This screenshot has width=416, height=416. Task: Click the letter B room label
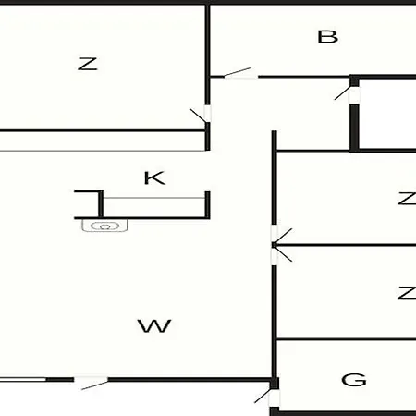click(x=327, y=37)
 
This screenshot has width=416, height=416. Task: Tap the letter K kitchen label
click(x=154, y=177)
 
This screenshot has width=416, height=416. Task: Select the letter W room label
click(x=154, y=326)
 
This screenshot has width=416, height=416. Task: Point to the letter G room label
click(x=354, y=380)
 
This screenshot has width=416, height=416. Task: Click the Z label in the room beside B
click(x=88, y=64)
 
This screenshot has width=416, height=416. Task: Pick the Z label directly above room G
click(x=407, y=292)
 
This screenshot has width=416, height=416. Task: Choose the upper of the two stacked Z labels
click(x=407, y=199)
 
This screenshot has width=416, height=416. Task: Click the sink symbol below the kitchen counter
click(x=104, y=226)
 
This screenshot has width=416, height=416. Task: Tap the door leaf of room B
click(x=238, y=72)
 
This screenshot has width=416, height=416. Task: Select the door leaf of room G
click(x=263, y=396)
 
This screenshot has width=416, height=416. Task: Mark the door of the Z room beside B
click(x=198, y=116)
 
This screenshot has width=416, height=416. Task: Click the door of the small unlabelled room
click(x=343, y=93)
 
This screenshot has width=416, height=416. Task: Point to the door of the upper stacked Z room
click(x=283, y=236)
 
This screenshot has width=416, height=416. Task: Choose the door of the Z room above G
click(x=283, y=254)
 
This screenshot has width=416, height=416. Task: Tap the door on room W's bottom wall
click(x=95, y=385)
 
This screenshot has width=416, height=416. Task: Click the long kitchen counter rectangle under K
click(x=153, y=207)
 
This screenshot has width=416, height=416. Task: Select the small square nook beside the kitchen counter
click(x=87, y=204)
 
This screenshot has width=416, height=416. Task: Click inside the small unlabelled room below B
click(x=387, y=114)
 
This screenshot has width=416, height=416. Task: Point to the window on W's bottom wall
click(x=23, y=379)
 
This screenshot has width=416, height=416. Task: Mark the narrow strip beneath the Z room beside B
click(x=103, y=141)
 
